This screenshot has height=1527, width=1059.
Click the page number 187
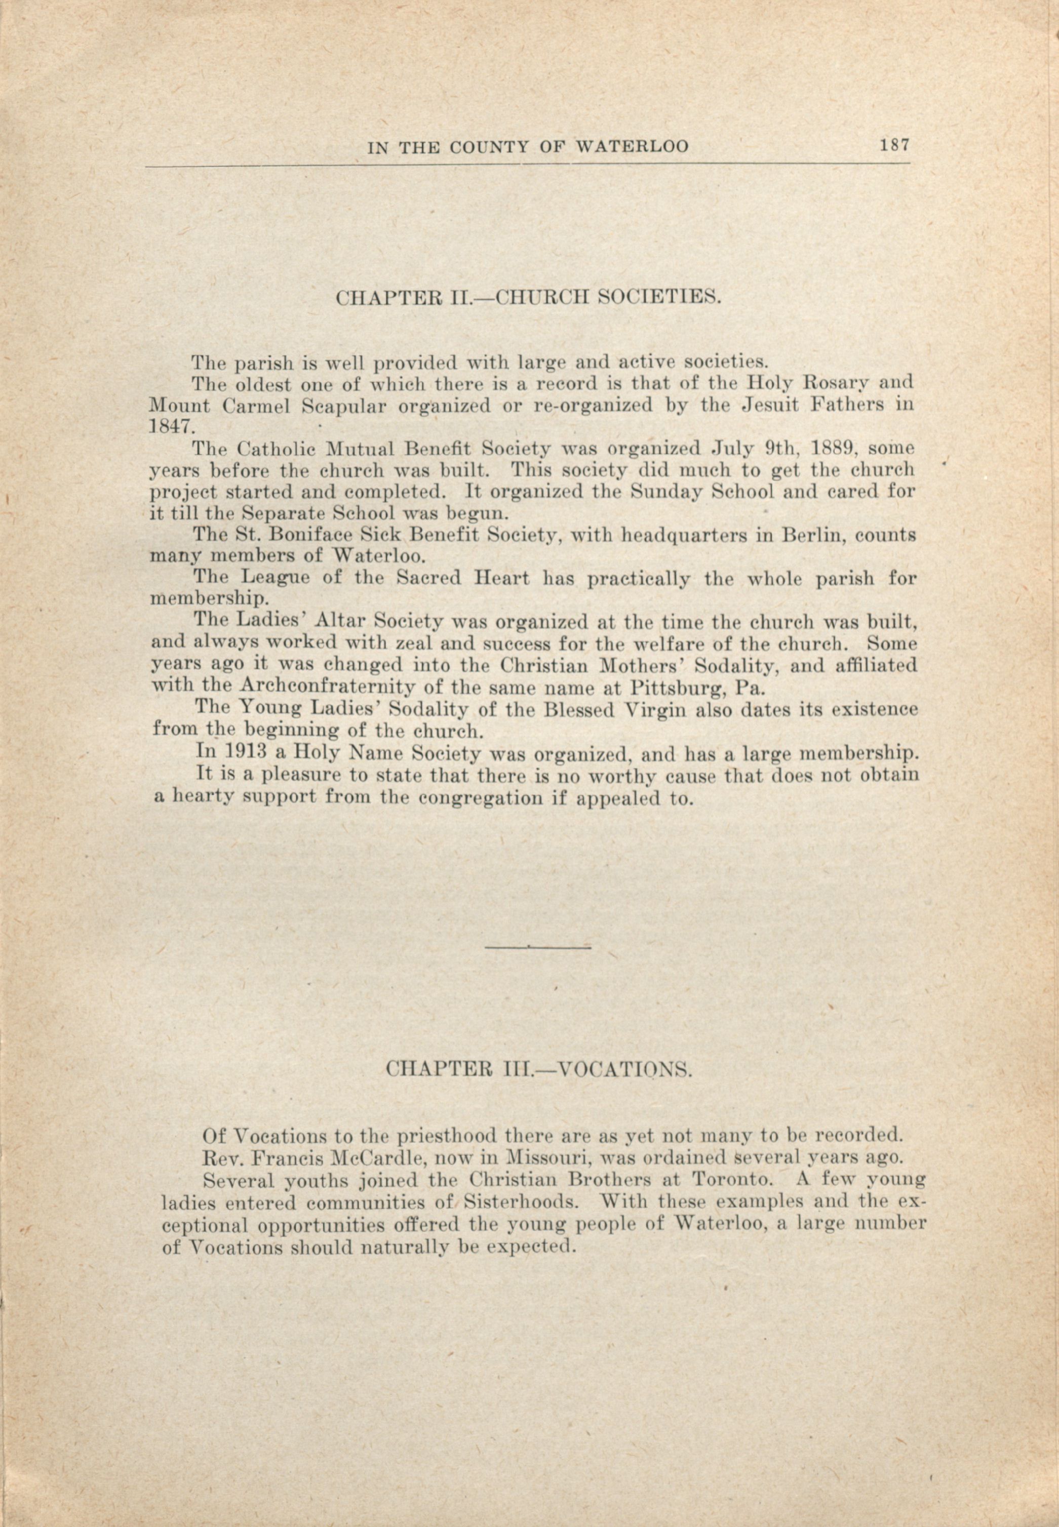pyautogui.click(x=894, y=145)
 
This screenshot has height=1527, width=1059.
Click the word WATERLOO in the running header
pyautogui.click(x=631, y=147)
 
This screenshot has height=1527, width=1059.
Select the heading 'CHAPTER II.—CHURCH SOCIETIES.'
pyautogui.click(x=528, y=298)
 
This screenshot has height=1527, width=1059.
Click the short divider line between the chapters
pyautogui.click(x=537, y=947)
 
